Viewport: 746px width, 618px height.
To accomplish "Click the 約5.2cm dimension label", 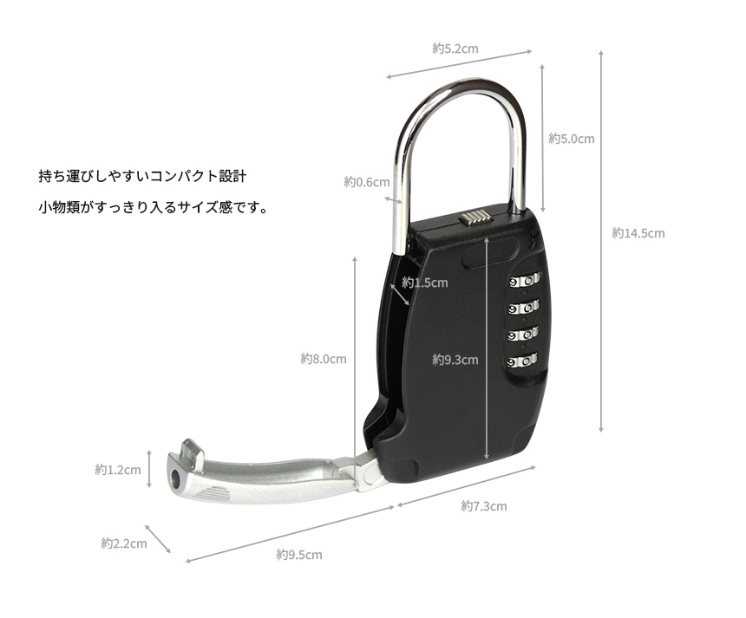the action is point(455,49).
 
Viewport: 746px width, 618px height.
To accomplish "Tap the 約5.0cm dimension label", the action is point(572,139).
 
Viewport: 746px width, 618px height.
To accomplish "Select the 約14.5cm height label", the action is point(638,233).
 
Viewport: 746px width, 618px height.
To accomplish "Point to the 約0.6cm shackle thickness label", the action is point(367,182).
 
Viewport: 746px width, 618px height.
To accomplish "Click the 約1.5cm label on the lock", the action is point(425,283).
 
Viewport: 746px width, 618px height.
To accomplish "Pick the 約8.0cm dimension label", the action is point(324,359).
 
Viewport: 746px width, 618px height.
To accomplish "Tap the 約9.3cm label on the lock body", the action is point(455,360).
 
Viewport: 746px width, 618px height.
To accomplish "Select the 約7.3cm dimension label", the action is point(484,506).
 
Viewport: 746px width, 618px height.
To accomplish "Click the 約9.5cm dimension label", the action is point(299,555).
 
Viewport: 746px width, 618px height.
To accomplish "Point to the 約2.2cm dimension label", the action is point(124,543).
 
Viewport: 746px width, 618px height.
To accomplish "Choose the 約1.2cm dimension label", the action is point(118,470).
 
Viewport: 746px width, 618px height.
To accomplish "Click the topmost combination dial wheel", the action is point(525,281).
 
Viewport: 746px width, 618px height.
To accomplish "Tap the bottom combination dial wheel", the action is point(522,361).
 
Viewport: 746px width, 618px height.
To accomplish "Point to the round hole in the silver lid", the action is point(176,477).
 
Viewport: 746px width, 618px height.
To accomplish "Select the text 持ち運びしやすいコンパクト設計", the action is point(142,176).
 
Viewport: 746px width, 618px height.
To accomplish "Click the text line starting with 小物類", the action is point(154,207).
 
